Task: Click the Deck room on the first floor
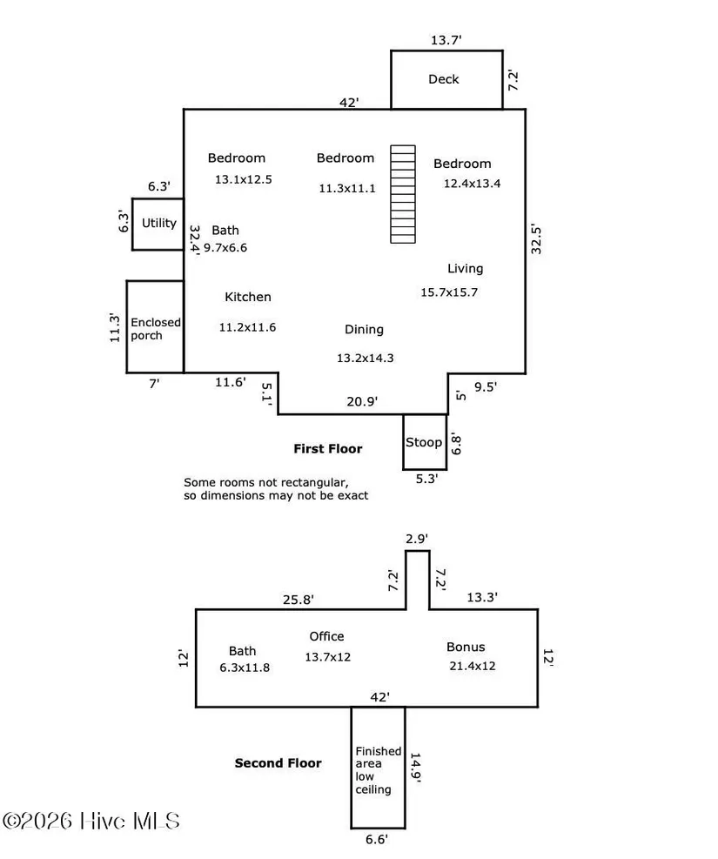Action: [x=445, y=79]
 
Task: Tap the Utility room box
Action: [x=158, y=224]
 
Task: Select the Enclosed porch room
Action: [x=155, y=328]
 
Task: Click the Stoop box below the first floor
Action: [x=424, y=442]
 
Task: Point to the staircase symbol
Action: [x=403, y=194]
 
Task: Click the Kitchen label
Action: [x=248, y=297]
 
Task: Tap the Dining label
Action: [x=364, y=330]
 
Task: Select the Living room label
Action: [x=465, y=269]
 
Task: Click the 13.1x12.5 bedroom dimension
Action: [x=244, y=180]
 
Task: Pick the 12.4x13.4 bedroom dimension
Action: [x=472, y=184]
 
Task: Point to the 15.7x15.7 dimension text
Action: [x=449, y=292]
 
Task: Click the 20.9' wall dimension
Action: [x=361, y=400]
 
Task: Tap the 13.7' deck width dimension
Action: [x=445, y=40]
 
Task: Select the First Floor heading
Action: [x=327, y=449]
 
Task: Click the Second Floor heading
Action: [x=278, y=763]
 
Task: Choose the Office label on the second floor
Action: [x=326, y=636]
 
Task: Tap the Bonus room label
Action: [x=466, y=647]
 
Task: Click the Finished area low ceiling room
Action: [x=378, y=769]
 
